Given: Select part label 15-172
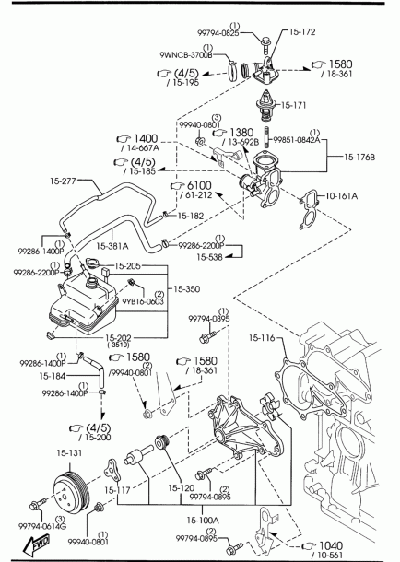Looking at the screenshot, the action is [302, 32].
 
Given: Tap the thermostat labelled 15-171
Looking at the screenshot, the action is [265, 105].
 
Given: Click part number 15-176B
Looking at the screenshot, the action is [359, 157].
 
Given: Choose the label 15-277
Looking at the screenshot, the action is [63, 181].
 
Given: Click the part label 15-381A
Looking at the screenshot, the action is [112, 246].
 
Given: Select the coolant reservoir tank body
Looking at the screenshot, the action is [84, 304].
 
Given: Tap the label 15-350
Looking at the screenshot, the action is [187, 289].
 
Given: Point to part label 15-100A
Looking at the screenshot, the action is [203, 520].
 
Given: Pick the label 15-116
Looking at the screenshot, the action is [262, 337].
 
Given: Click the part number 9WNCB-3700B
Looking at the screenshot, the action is [185, 55].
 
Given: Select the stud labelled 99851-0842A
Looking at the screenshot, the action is [267, 136].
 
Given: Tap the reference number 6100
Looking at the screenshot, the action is [199, 186].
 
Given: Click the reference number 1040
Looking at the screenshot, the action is [331, 545].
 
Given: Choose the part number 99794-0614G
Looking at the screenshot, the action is [42, 526].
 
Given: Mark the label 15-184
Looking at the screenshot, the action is [53, 376].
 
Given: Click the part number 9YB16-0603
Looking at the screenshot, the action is [143, 301].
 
